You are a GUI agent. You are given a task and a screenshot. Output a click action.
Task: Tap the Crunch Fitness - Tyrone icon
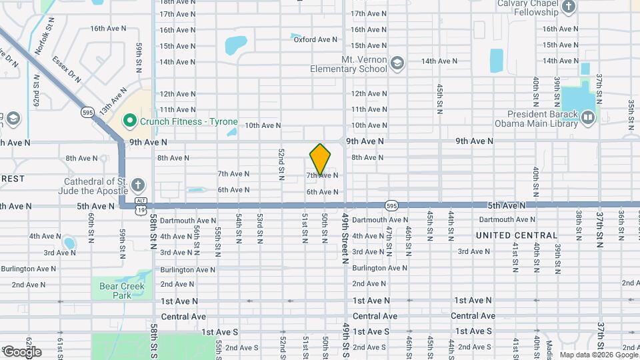click(x=129, y=121)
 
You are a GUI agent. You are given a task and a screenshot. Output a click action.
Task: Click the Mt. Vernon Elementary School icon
click(x=397, y=63)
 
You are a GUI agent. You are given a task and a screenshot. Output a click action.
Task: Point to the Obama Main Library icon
click(x=587, y=117)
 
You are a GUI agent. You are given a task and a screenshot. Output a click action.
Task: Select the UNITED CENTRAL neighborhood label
click(x=517, y=235)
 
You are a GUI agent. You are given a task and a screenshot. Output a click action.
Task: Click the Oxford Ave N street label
click(x=315, y=39)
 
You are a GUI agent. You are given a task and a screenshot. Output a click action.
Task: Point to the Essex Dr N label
click(x=66, y=69)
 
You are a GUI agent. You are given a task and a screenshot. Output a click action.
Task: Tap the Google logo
click(x=22, y=351)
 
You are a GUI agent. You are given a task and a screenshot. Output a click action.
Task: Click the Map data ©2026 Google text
click(x=599, y=355)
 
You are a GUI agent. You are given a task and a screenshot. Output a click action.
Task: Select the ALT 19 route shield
click(x=140, y=205)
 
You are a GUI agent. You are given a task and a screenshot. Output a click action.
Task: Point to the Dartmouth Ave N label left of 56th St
click(x=183, y=220)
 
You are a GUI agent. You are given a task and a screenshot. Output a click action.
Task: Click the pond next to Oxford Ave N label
click(x=235, y=45)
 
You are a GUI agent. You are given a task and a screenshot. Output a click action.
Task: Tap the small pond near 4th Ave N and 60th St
click(x=69, y=242)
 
